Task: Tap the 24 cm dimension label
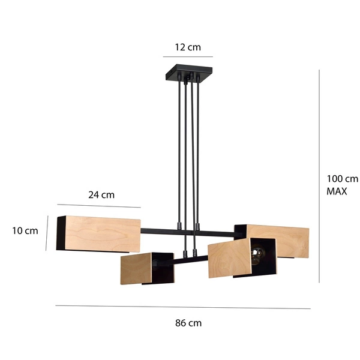101,194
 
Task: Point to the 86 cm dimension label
188,323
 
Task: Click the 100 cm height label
342,178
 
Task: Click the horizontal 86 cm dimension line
183,307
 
